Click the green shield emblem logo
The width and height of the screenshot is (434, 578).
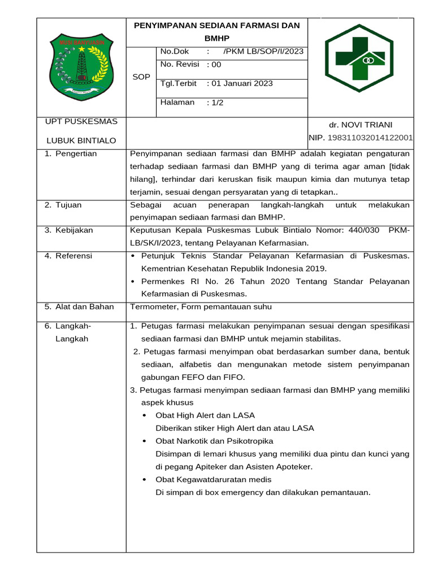[x=81, y=66]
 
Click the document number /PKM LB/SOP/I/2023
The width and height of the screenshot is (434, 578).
[x=263, y=52]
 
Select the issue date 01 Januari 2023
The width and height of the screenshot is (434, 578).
[x=242, y=84]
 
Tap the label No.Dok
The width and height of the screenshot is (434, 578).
[x=175, y=52]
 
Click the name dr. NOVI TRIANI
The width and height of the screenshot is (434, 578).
[x=361, y=125]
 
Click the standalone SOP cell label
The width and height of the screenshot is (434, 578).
[x=141, y=77]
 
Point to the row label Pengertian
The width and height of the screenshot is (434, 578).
[x=76, y=154]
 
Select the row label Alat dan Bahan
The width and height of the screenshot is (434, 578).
[x=84, y=307]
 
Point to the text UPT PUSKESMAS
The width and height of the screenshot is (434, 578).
[x=81, y=121]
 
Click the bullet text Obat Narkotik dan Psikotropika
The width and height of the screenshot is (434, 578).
[x=214, y=441]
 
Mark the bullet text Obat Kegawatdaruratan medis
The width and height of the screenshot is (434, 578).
[x=214, y=479]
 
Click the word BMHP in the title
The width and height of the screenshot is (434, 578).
[x=216, y=38]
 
